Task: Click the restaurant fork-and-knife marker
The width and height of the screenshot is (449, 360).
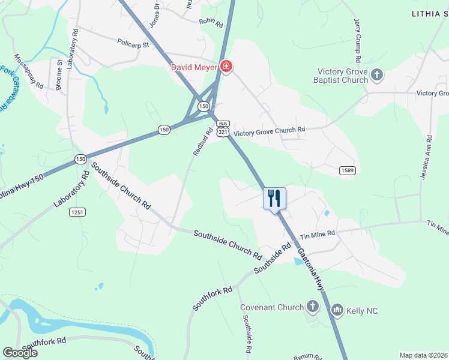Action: (x=274, y=199)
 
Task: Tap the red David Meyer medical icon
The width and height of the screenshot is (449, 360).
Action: (x=226, y=66)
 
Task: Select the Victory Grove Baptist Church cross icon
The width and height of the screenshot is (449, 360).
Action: (x=376, y=75)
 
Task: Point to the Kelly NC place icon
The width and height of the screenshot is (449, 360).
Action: (x=337, y=310)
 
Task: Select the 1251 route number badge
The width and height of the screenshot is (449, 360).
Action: (x=77, y=211)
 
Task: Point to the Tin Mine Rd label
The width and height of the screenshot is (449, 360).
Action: (x=318, y=235)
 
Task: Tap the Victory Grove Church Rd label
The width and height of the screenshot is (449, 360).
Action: (x=270, y=130)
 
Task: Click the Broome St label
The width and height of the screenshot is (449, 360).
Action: (x=59, y=74)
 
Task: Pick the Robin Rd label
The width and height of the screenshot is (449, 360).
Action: (x=211, y=23)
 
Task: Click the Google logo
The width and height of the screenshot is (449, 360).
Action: (x=20, y=352)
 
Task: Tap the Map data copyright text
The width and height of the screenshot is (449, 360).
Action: (x=423, y=355)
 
